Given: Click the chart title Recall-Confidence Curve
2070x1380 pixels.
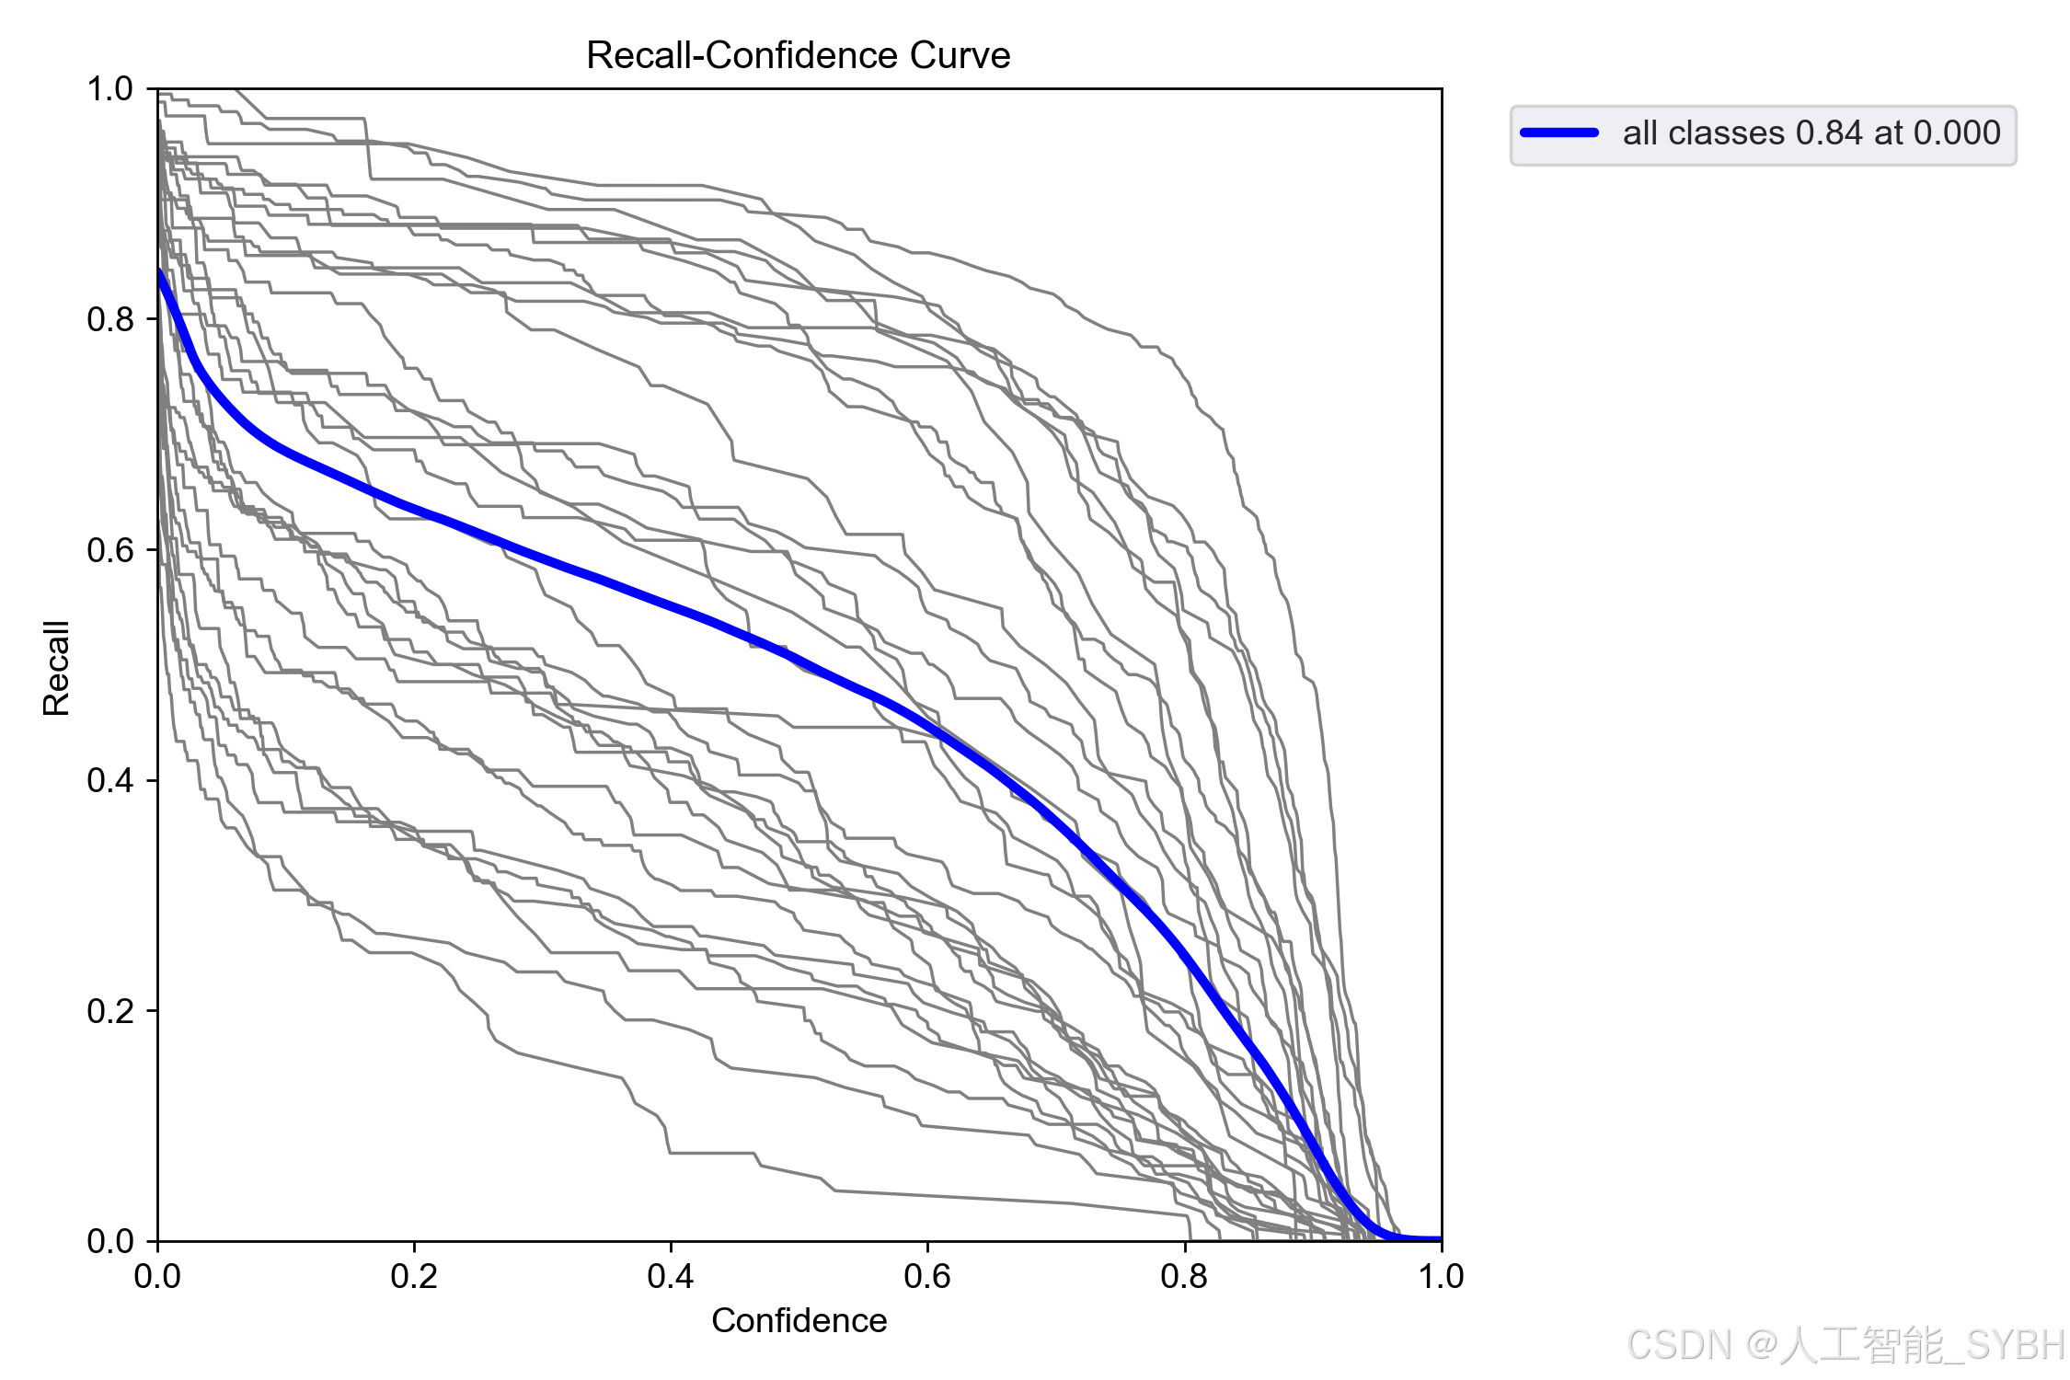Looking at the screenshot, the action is (799, 55).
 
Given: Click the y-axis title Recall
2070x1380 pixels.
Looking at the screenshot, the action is (56, 668).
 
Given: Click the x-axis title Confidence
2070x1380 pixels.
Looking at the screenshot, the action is (799, 1320).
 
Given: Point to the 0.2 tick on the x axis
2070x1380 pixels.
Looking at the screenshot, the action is (414, 1276).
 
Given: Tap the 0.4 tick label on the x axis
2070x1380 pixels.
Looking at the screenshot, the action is (671, 1276).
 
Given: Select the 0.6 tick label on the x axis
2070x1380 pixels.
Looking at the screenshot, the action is (927, 1276).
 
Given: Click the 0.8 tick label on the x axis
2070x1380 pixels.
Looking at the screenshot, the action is (1185, 1276).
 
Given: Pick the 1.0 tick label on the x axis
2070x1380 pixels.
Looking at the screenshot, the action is (1441, 1276).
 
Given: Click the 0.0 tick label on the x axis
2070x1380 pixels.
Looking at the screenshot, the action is (157, 1276).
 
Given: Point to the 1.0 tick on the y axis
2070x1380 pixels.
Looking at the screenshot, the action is (110, 89).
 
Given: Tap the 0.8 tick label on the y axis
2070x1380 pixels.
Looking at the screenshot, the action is (110, 319).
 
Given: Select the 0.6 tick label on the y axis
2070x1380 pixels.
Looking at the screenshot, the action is (110, 550).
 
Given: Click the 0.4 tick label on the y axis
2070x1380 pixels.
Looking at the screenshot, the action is (110, 780).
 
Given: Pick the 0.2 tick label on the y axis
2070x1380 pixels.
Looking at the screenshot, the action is (110, 1011).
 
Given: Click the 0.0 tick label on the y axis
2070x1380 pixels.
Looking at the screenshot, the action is (110, 1241).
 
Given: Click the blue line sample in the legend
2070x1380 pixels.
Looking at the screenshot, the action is (1559, 132).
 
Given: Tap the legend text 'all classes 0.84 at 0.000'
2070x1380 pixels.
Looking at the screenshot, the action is (1811, 133).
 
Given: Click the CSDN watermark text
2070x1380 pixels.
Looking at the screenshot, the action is (1846, 1345).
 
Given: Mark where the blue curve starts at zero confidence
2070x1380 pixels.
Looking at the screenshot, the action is (159, 270).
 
